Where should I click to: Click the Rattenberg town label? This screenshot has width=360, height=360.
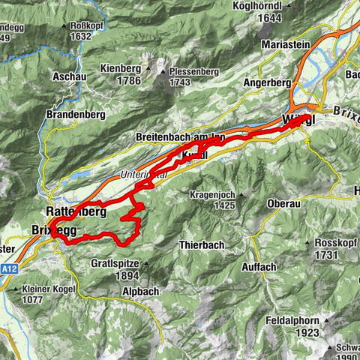[x=74, y=212]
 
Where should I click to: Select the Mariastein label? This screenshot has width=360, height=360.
[x=286, y=44]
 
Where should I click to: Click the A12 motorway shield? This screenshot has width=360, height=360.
[x=9, y=268]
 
